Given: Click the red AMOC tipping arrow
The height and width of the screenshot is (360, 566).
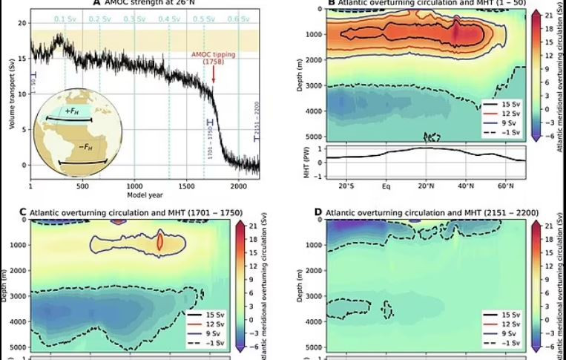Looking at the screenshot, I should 214,74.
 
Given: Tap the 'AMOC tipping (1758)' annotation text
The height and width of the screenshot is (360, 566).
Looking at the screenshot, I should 212,57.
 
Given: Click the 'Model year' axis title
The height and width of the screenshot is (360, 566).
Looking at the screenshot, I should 145,195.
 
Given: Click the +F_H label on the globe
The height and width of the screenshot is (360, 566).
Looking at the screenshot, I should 73,111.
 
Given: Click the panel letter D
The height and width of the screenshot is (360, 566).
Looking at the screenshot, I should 318,212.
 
